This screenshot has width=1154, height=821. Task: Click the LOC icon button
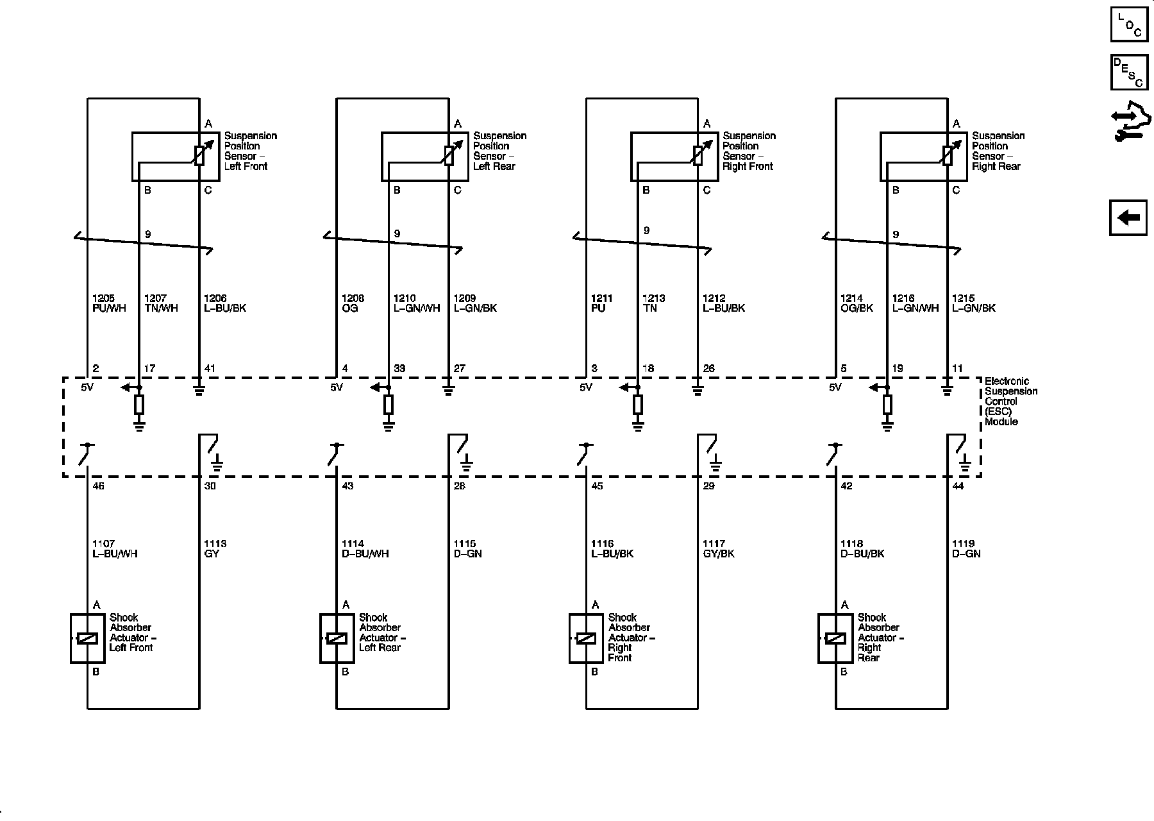point(1128,24)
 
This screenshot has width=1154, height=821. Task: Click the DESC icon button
point(1128,72)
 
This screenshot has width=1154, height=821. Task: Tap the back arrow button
point(1128,218)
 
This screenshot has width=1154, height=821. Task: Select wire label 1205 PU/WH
point(109,303)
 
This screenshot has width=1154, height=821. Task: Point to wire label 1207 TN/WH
point(161,303)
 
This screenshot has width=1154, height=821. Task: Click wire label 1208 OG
point(353,303)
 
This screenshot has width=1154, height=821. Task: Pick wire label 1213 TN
point(654,303)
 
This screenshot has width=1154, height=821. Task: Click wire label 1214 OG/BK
point(857,303)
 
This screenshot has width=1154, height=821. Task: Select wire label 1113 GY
point(215,549)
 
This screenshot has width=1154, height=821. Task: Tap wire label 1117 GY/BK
point(719,549)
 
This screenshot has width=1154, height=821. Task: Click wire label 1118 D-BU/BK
point(862,549)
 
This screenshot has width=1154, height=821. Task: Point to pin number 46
point(98,486)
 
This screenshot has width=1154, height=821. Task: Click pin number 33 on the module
point(399,369)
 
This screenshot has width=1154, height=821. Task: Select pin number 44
point(958,486)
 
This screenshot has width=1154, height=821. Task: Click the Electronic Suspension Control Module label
point(1010,402)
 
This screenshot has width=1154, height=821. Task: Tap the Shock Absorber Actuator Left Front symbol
point(87,638)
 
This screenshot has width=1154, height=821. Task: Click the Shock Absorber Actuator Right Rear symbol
point(835,638)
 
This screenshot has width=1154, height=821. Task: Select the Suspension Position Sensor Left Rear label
point(499,151)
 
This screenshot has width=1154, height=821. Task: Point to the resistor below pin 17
point(139,405)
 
